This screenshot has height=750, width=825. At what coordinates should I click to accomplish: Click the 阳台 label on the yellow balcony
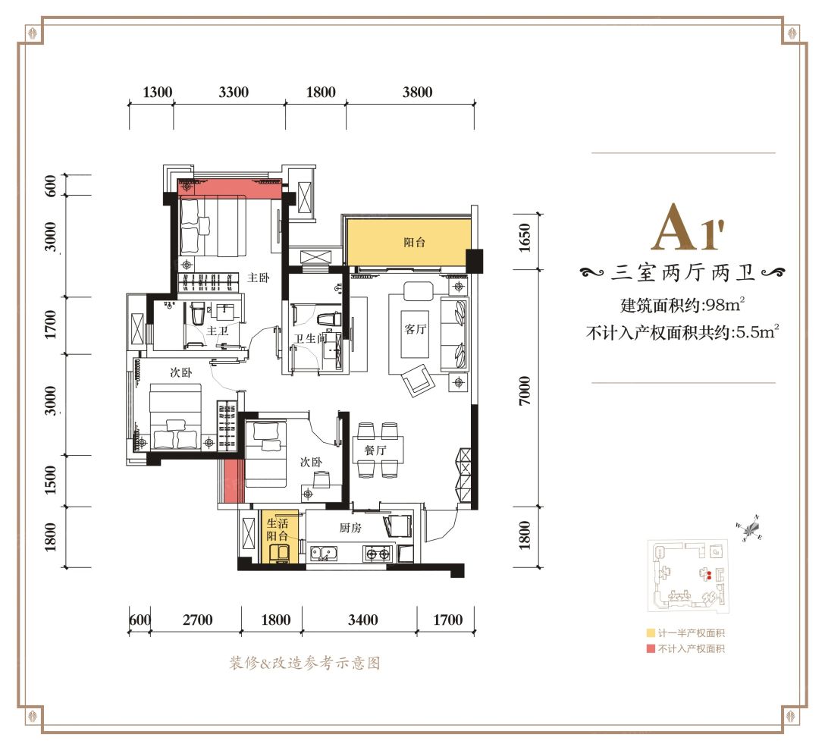coord(414,243)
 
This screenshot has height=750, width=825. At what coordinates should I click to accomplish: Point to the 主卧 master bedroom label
coord(259,278)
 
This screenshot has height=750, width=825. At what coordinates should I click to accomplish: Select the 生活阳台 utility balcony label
coord(276,529)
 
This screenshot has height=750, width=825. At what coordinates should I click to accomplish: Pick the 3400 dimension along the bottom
coord(363,620)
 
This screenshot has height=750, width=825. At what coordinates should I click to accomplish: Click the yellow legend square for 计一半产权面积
coord(651,633)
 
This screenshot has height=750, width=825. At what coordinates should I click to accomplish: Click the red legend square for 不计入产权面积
coord(651,648)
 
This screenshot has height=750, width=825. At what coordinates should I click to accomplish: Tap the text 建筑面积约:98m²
coord(682,306)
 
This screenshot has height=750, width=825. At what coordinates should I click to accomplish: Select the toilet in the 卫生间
coord(329,318)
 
